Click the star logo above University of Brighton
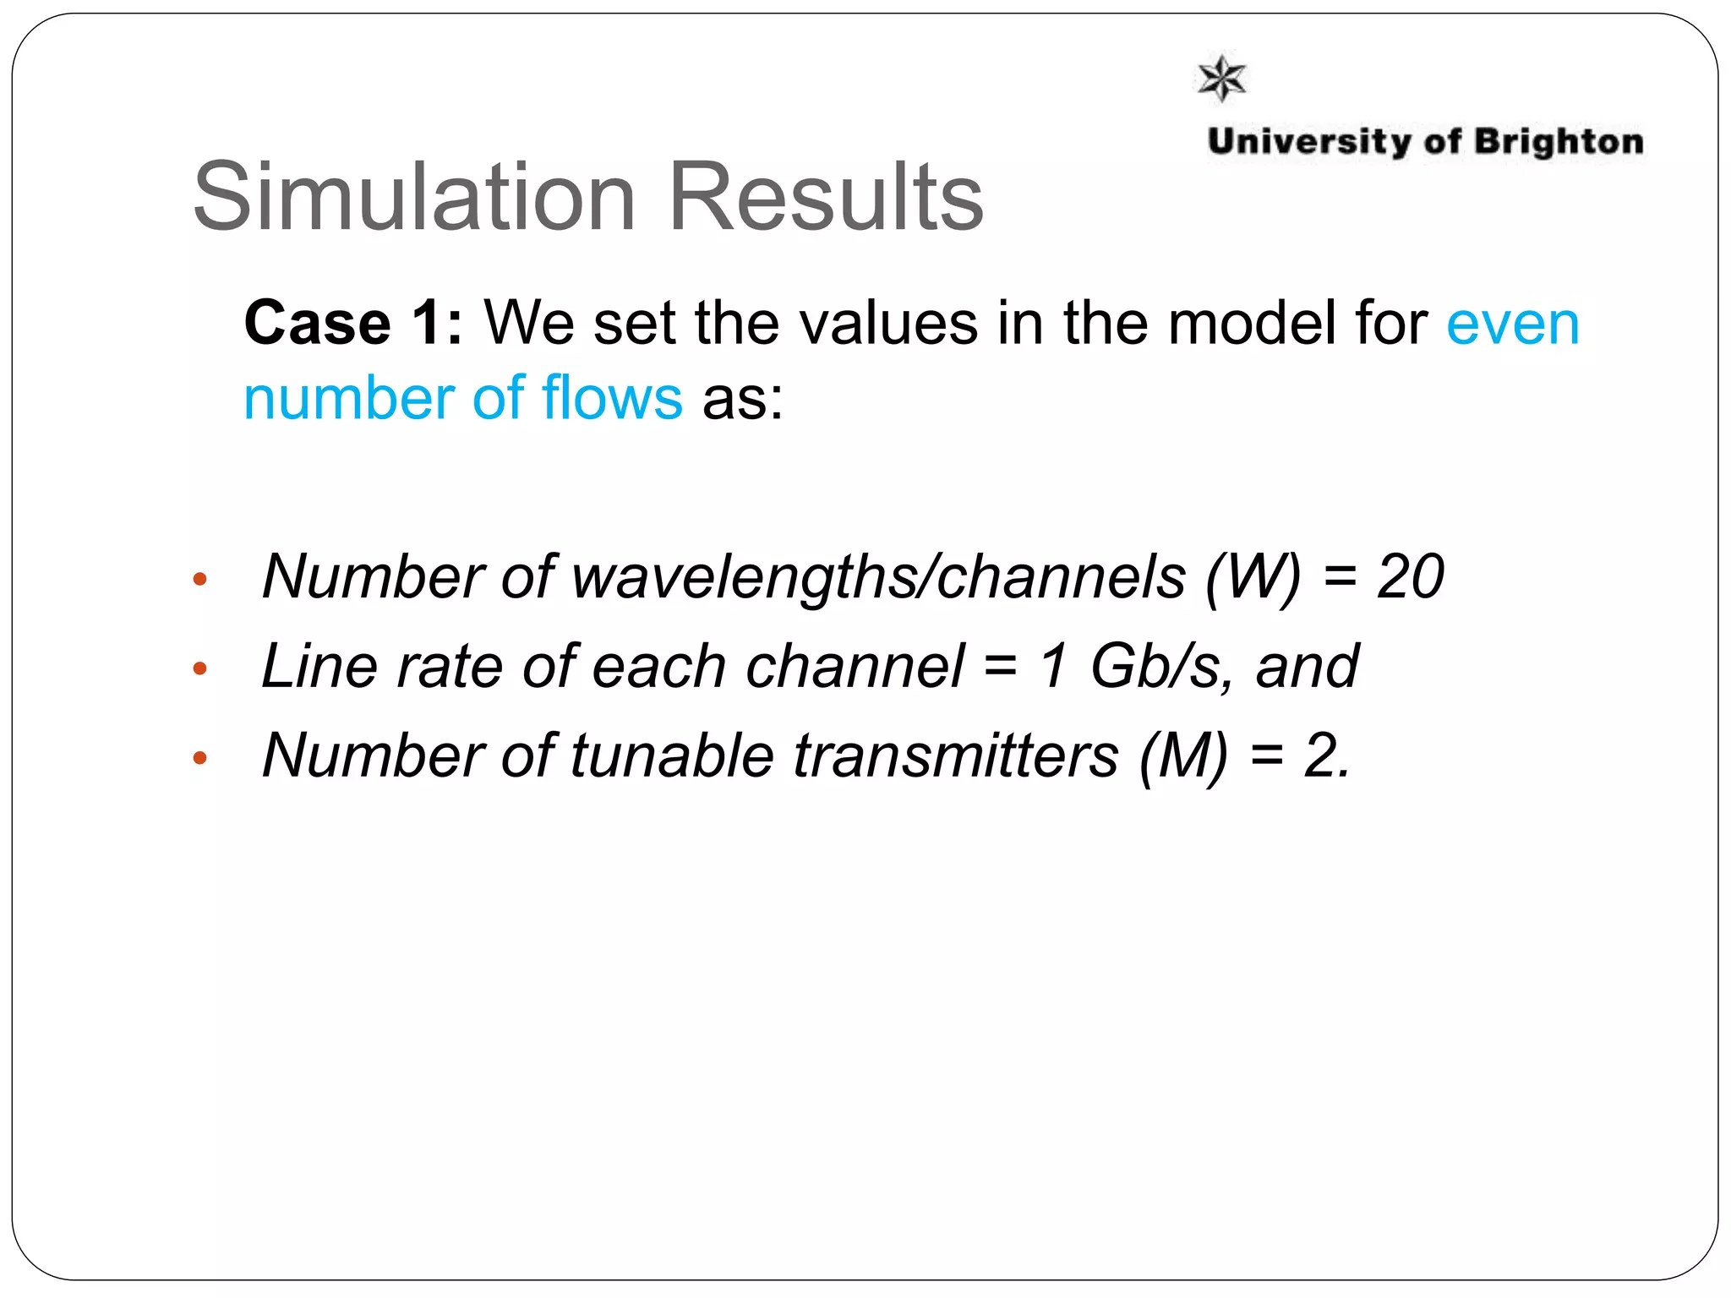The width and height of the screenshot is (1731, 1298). pyautogui.click(x=1222, y=79)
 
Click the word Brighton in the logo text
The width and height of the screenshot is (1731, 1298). pyautogui.click(x=1559, y=142)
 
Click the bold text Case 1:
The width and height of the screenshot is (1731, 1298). pyautogui.click(x=353, y=323)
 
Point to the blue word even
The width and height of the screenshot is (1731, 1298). pyautogui.click(x=1512, y=324)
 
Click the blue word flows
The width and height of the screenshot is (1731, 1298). pyautogui.click(x=612, y=398)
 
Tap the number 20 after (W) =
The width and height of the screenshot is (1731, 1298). pyautogui.click(x=1410, y=577)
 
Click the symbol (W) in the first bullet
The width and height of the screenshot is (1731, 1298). pyautogui.click(x=1253, y=577)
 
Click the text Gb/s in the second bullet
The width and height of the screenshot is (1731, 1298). pyautogui.click(x=1155, y=667)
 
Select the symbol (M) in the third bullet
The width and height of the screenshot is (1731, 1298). pyautogui.click(x=1182, y=755)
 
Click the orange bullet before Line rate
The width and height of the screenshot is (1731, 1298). pyautogui.click(x=199, y=669)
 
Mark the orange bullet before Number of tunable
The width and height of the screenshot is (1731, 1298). pyautogui.click(x=199, y=758)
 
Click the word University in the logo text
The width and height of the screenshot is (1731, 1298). pyautogui.click(x=1309, y=142)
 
